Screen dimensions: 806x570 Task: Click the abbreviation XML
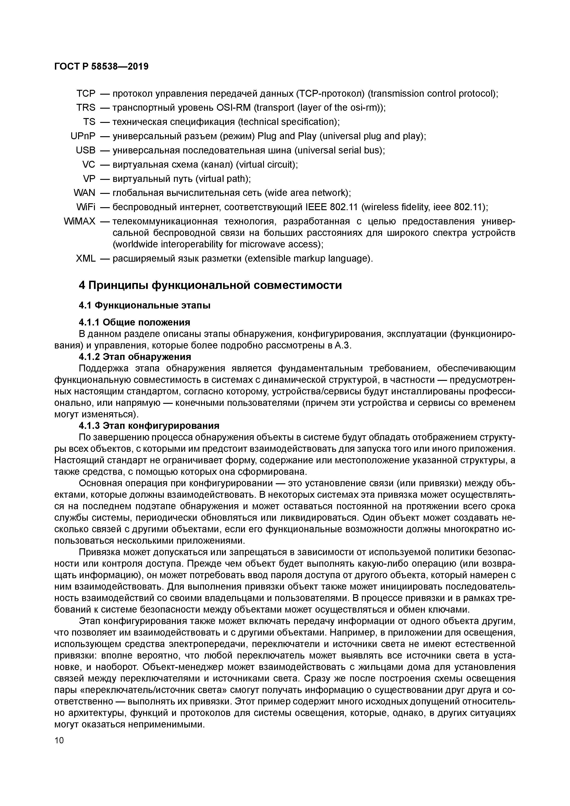pyautogui.click(x=85, y=259)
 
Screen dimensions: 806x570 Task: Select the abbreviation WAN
pyautogui.click(x=84, y=193)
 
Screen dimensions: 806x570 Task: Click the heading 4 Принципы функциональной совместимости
pyautogui.click(x=210, y=285)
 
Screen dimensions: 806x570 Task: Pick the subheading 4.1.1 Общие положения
pyautogui.click(x=134, y=322)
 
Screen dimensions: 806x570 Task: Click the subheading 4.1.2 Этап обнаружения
pyautogui.click(x=135, y=357)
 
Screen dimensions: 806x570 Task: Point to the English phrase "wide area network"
pyautogui.click(x=307, y=193)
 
